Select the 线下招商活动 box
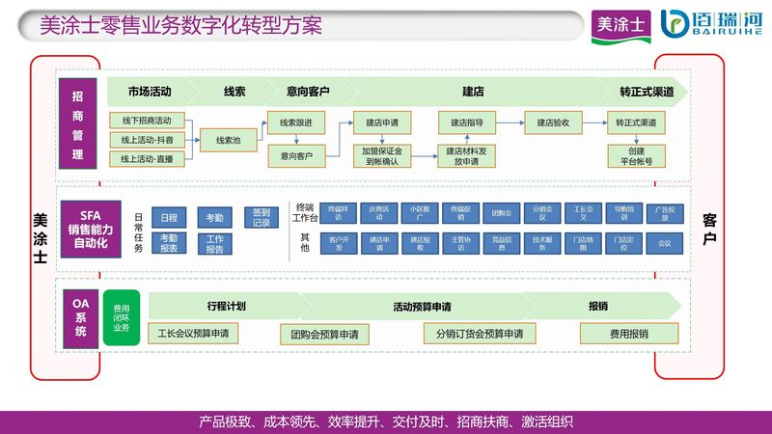pyautogui.click(x=147, y=121)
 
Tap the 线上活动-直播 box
pyautogui.click(x=147, y=159)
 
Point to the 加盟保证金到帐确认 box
pyautogui.click(x=382, y=155)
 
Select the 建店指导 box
pyautogui.click(x=467, y=122)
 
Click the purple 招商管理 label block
pyautogui.click(x=78, y=126)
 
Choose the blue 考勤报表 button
pyautogui.click(x=169, y=243)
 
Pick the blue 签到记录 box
pyautogui.click(x=262, y=218)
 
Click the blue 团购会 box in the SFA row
pyautogui.click(x=501, y=213)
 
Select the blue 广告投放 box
pyautogui.click(x=664, y=213)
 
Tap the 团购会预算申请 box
pyautogui.click(x=324, y=334)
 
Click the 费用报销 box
pyautogui.click(x=628, y=334)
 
